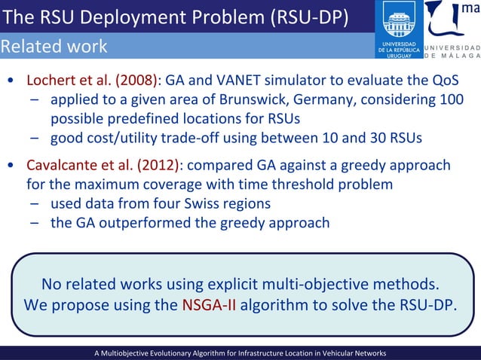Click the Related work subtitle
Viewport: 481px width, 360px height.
coord(54,47)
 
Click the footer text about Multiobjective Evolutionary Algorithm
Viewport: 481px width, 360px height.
coord(240,352)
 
